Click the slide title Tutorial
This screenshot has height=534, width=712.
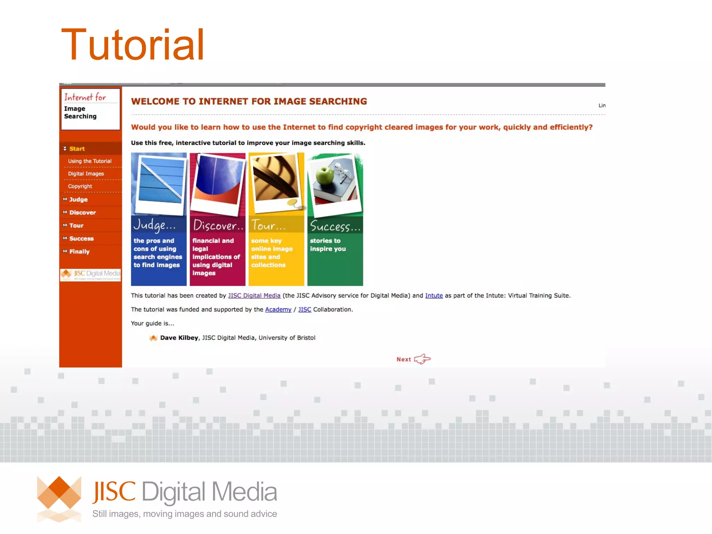[x=132, y=45]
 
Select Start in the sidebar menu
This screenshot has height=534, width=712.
[x=77, y=149]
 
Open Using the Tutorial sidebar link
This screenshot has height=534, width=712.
[x=90, y=161]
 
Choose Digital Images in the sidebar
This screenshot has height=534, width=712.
[x=86, y=174]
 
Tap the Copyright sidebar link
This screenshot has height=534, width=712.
[x=80, y=186]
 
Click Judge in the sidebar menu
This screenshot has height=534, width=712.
[x=78, y=200]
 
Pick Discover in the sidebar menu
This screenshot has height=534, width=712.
[x=82, y=212]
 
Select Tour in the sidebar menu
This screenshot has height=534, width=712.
[x=76, y=226]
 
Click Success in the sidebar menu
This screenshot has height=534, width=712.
[x=81, y=238]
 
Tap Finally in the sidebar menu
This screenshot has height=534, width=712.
[x=79, y=252]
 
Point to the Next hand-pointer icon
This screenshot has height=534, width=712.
[x=422, y=359]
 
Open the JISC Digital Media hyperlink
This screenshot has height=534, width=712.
[x=254, y=296]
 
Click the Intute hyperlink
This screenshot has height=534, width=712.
[x=434, y=296]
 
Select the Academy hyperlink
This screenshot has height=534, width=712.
[x=278, y=309]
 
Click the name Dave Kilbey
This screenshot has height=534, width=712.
[x=179, y=338]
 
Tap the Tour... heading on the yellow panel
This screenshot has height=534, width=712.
[x=268, y=225]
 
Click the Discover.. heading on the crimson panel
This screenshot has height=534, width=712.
[x=218, y=226]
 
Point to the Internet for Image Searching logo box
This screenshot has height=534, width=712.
[x=90, y=109]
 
